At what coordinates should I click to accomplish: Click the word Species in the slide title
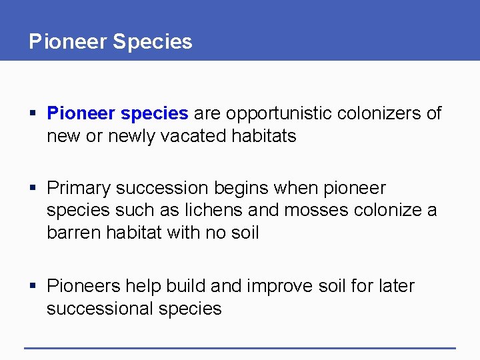[x=152, y=42]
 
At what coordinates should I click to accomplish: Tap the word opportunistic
[x=280, y=113]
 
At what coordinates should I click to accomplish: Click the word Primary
[x=79, y=188]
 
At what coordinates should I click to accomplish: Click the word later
[x=395, y=286]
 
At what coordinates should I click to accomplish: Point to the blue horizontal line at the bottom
[x=240, y=347]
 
